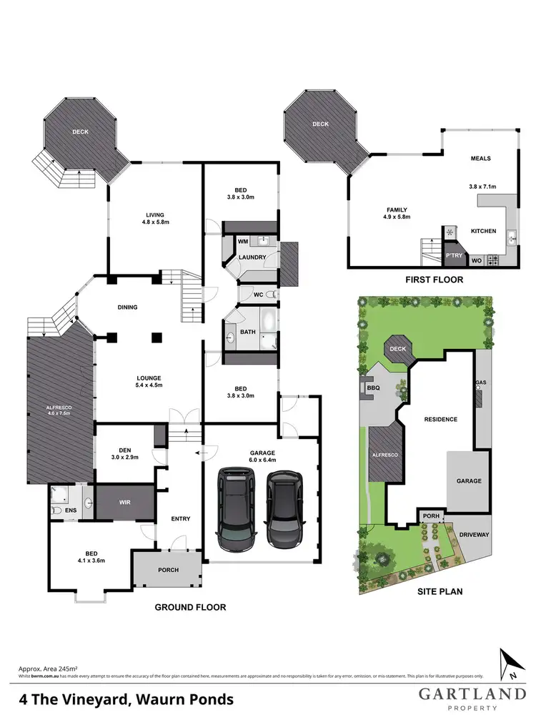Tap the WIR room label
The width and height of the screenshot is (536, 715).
coord(125,503)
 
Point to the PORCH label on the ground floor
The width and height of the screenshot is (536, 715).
coord(168,570)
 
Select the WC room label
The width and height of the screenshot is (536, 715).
coord(258,295)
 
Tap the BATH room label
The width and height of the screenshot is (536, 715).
coord(248,332)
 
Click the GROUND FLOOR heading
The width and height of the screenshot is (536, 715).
coord(191,607)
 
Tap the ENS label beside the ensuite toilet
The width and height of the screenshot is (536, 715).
coord(71,511)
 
